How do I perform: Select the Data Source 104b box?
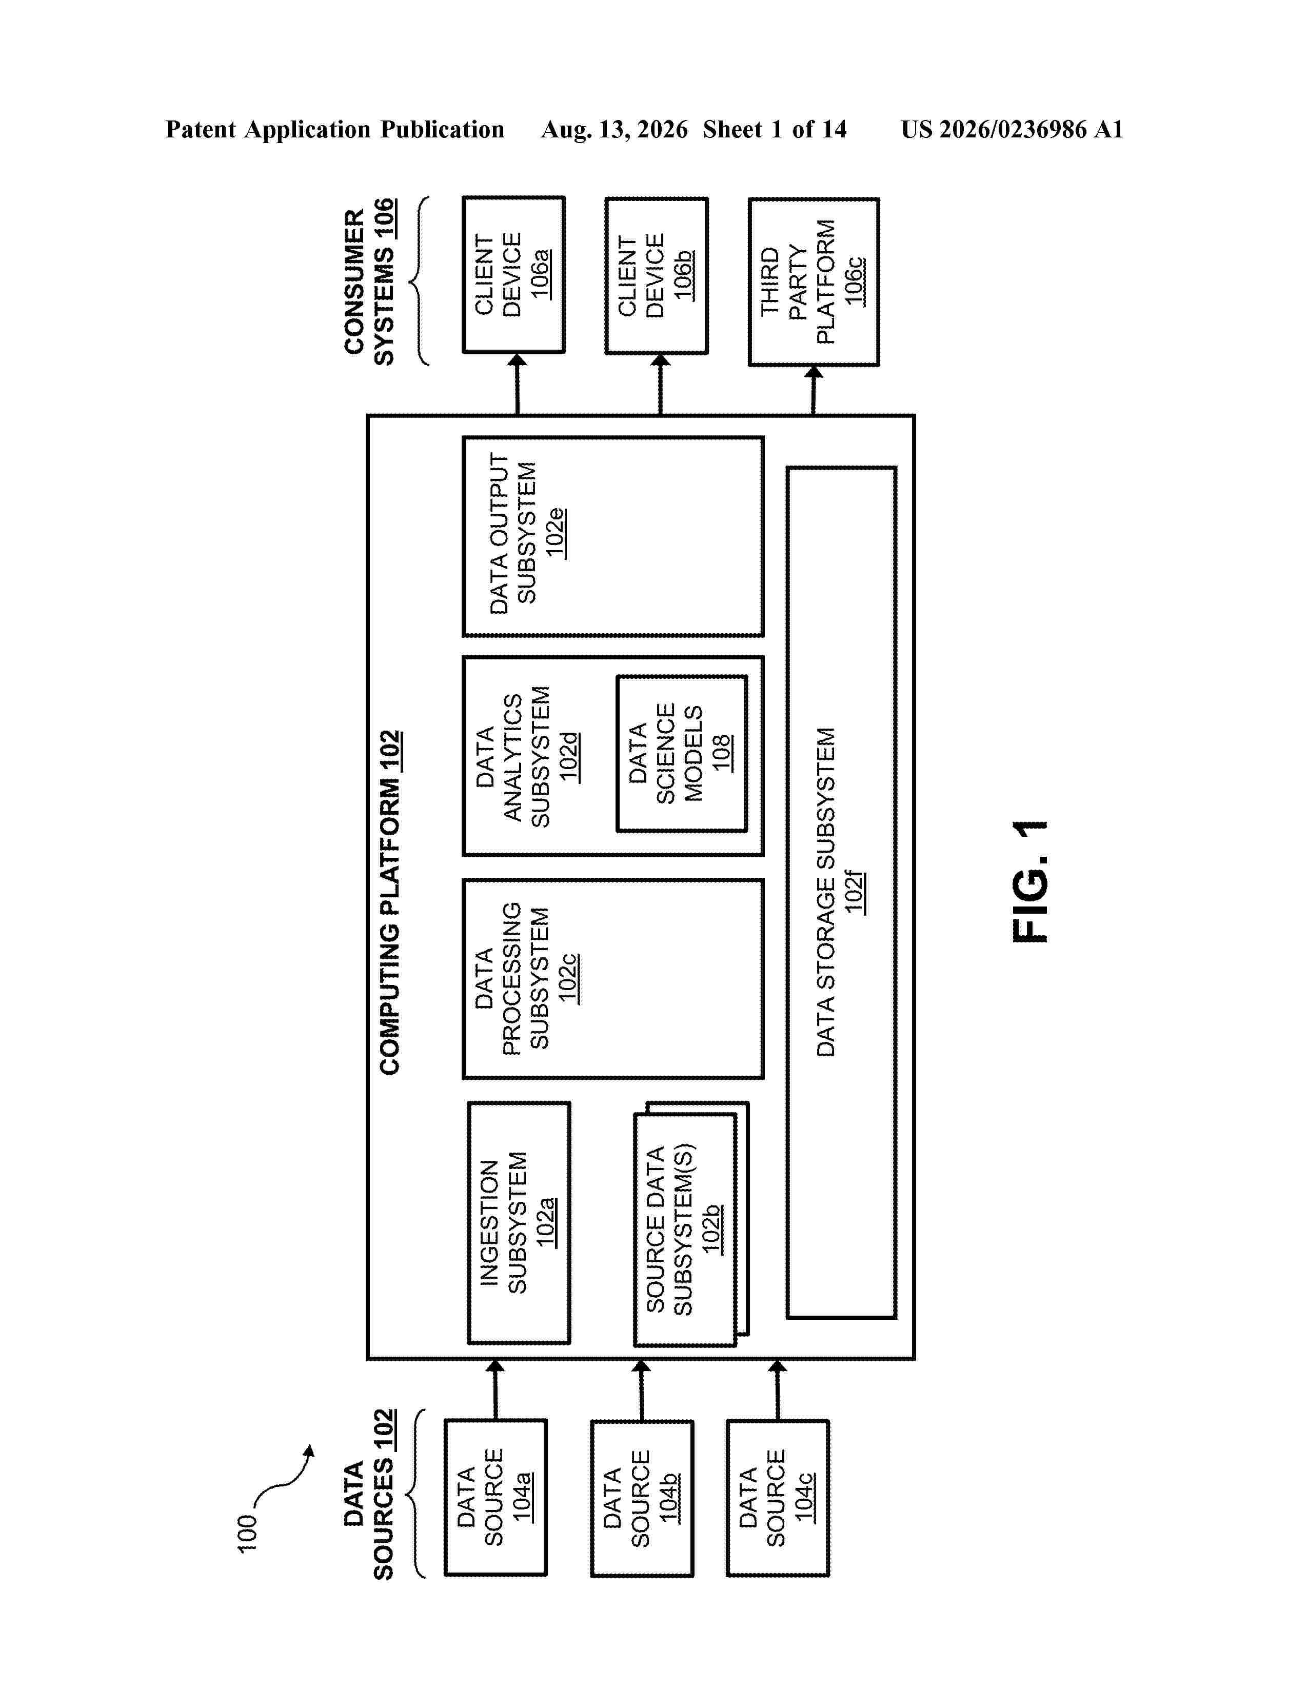pyautogui.click(x=642, y=1498)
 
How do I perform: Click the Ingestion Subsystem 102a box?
pyautogui.click(x=519, y=1222)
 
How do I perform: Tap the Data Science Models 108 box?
pyautogui.click(x=682, y=754)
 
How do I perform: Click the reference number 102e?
pyautogui.click(x=555, y=533)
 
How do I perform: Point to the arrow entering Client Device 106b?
pyautogui.click(x=660, y=384)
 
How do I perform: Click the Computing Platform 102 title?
pyautogui.click(x=390, y=902)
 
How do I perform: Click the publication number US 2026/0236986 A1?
pyautogui.click(x=1012, y=129)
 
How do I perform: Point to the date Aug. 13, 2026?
pyautogui.click(x=615, y=129)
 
